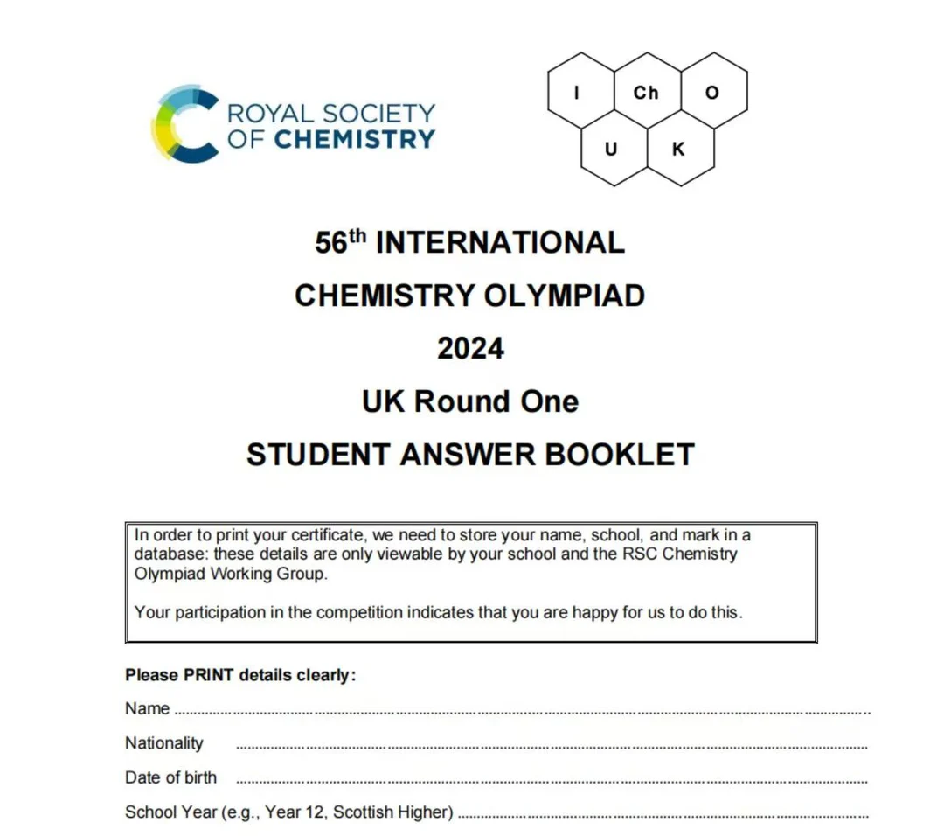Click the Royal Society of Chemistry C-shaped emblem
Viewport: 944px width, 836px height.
(183, 123)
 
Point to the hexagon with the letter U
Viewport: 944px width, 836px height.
(612, 150)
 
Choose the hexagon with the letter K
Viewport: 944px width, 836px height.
(679, 150)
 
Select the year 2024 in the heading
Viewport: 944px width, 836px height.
(470, 348)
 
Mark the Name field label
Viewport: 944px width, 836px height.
(147, 708)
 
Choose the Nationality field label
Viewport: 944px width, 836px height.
(164, 743)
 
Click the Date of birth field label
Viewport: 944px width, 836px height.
(170, 777)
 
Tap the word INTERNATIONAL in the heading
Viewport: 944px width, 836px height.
(500, 242)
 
